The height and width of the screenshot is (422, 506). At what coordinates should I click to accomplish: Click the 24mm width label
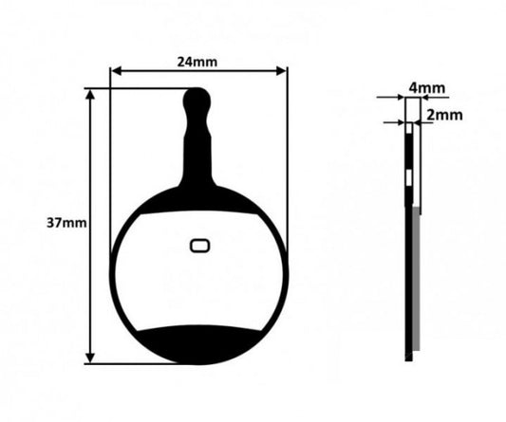pos(197,62)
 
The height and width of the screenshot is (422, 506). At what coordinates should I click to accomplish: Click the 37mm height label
pos(66,223)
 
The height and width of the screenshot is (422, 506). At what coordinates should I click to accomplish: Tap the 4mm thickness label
pos(427,87)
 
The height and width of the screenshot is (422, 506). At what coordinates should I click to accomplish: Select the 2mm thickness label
pos(444,115)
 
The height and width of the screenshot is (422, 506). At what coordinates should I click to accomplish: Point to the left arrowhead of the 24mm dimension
pos(116,71)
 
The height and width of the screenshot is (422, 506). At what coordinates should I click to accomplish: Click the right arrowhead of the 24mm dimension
pos(282,71)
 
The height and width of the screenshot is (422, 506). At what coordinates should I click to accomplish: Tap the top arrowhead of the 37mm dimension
pos(91,95)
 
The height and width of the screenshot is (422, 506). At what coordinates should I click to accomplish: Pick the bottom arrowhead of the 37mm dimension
pos(91,358)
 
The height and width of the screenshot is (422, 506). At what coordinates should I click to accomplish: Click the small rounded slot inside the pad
pos(199,246)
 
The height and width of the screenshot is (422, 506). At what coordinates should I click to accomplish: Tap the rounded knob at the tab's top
pos(197,99)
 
